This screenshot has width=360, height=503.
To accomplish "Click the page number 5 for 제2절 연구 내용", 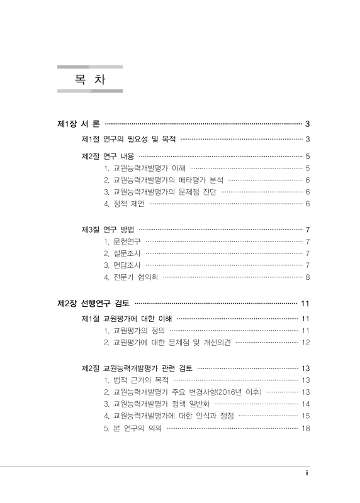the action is (x=307, y=156).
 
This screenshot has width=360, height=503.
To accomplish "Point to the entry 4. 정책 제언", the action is (x=125, y=204).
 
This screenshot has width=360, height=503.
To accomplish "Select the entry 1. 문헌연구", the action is (x=122, y=241).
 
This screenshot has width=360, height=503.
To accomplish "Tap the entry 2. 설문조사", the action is (x=122, y=253).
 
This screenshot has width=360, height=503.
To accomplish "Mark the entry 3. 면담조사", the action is (x=122, y=265).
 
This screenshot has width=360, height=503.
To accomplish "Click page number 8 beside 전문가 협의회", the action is (x=307, y=277).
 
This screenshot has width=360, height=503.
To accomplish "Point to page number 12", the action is (x=306, y=343).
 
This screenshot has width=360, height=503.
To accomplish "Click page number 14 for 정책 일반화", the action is (x=306, y=404).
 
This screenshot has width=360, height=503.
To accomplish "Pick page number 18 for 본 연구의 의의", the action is (x=306, y=429).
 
